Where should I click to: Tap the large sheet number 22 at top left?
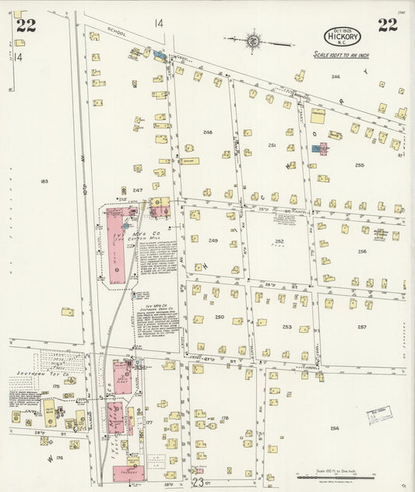pyautogui.click(x=26, y=26)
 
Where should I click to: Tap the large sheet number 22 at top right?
pyautogui.click(x=388, y=25)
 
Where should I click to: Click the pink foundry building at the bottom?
pyautogui.click(x=126, y=473)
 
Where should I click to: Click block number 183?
pyautogui.click(x=44, y=181)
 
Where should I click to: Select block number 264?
pyautogui.click(x=335, y=427)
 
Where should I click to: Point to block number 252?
pyautogui.click(x=278, y=241)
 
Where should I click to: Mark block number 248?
pyautogui.click(x=207, y=132)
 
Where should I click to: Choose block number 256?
pyautogui.click(x=362, y=251)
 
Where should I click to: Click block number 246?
pyautogui.click(x=336, y=76)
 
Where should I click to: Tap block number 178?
pyautogui.click(x=225, y=418)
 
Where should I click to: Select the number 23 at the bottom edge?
pyautogui.click(x=198, y=483)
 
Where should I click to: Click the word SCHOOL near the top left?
pyautogui.click(x=117, y=33)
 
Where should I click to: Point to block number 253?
pyautogui.click(x=287, y=327)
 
